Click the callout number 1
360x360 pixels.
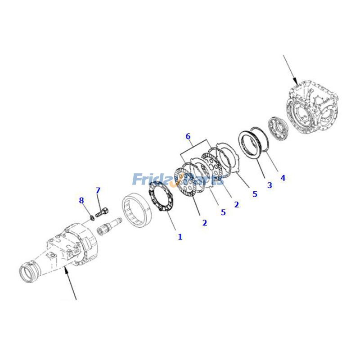(x=180, y=237)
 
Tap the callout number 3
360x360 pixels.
(x=270, y=185)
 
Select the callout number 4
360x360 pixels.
(x=283, y=178)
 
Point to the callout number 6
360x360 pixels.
(x=188, y=136)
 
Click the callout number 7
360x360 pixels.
(x=98, y=191)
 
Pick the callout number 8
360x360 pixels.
(x=81, y=200)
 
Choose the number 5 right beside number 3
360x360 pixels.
(x=255, y=194)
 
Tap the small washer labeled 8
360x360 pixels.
(x=92, y=218)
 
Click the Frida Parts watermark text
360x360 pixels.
(x=178, y=179)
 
